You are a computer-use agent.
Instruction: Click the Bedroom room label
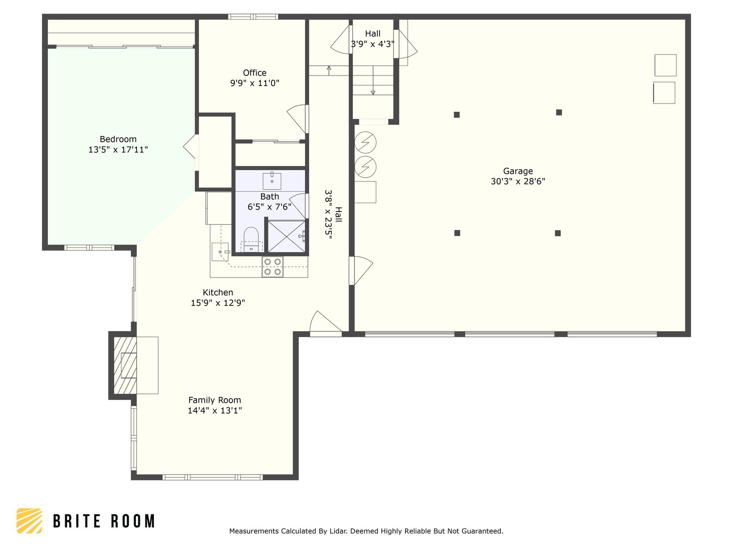point(118,139)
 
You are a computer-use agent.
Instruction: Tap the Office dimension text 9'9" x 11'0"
point(254,83)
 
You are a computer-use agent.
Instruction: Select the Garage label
point(518,171)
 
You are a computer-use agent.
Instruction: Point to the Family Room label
point(215,400)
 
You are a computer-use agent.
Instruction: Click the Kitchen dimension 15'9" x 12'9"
point(218,303)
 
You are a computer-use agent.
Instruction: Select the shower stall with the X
point(287,236)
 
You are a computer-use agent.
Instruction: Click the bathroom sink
point(272,181)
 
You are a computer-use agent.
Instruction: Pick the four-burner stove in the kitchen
point(272,267)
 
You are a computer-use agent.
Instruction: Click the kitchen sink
point(220,252)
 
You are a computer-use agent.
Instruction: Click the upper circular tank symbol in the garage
point(365,143)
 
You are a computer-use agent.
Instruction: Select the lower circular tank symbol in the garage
point(365,167)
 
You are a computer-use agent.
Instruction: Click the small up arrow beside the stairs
point(329,71)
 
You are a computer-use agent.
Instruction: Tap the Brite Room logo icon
point(29,521)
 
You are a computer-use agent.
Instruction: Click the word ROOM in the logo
point(133,521)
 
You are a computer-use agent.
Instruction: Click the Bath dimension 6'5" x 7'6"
point(270,207)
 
